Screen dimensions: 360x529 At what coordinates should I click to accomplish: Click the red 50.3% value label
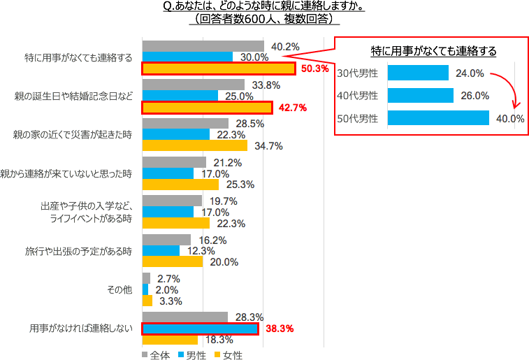click(x=314, y=69)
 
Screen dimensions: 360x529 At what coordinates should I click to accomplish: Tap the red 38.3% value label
click(x=277, y=329)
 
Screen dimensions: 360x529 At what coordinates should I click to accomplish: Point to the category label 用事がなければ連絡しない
click(x=80, y=328)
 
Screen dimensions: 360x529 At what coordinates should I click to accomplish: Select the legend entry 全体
click(x=159, y=354)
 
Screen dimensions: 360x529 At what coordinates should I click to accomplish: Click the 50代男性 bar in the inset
click(x=437, y=118)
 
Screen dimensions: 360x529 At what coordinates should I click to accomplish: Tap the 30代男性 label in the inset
click(x=357, y=73)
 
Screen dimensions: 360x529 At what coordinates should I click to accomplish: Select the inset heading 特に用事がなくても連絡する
click(x=433, y=51)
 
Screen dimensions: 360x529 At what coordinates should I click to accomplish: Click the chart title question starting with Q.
click(x=267, y=7)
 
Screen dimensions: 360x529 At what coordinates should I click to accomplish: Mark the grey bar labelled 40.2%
click(x=203, y=46)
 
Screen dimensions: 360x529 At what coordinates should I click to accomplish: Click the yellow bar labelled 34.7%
click(x=194, y=145)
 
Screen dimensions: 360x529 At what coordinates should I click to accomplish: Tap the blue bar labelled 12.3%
click(x=161, y=250)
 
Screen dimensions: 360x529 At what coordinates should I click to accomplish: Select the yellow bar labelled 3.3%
click(x=147, y=301)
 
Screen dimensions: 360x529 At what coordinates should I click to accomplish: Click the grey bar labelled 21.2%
click(x=174, y=162)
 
